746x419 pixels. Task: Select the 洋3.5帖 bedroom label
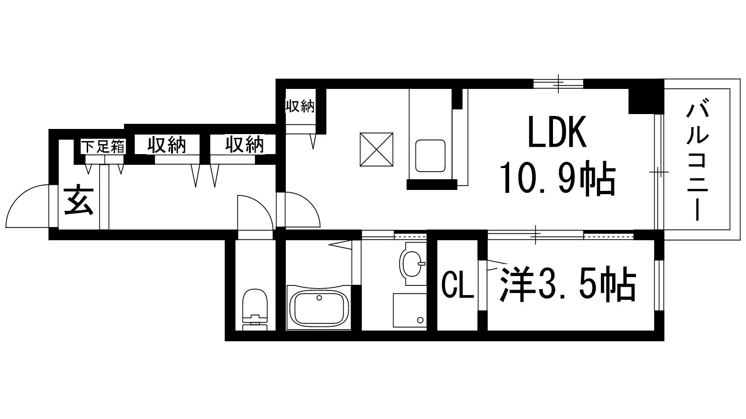tap(568, 284)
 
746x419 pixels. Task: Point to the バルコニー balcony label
tap(698, 162)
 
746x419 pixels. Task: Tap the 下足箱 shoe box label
tap(104, 147)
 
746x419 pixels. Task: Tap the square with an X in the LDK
tap(376, 149)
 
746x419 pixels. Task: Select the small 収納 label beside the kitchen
tap(300, 107)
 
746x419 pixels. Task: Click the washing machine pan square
tap(409, 310)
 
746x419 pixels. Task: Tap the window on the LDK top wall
tap(558, 83)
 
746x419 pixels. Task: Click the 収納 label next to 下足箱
tap(167, 145)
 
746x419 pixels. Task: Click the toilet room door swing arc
tap(254, 212)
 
